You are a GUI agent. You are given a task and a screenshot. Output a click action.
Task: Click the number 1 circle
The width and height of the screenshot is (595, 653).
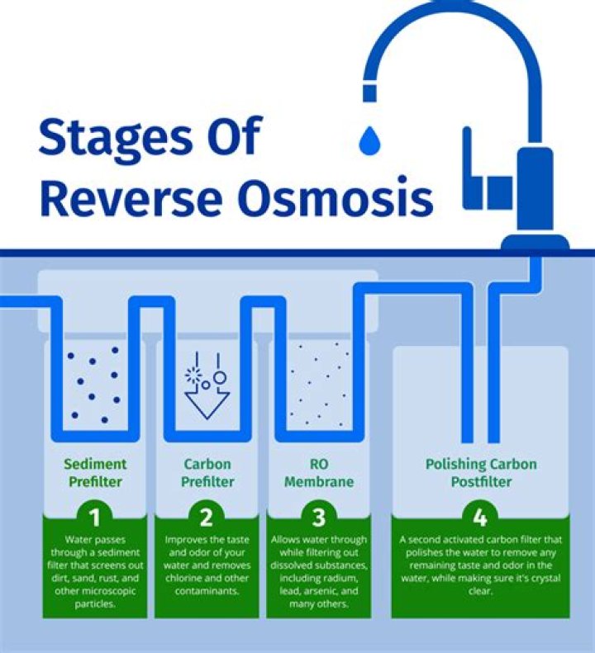(95, 518)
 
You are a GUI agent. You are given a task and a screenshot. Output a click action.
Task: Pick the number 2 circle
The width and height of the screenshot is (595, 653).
(207, 518)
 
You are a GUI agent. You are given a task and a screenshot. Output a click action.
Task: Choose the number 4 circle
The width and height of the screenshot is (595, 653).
(479, 518)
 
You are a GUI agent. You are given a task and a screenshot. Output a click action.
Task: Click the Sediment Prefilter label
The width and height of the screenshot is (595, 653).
(95, 473)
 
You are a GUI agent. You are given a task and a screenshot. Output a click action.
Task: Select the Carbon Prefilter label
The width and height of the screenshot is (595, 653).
(207, 473)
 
